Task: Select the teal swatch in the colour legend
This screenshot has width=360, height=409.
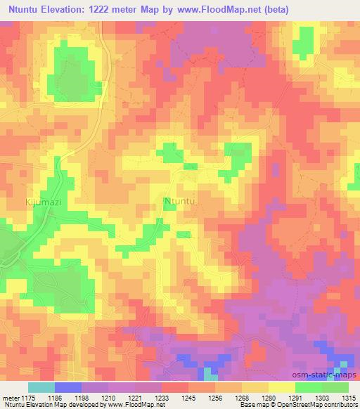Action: [x=41, y=387]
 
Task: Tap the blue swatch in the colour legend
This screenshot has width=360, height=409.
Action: [x=68, y=387]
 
